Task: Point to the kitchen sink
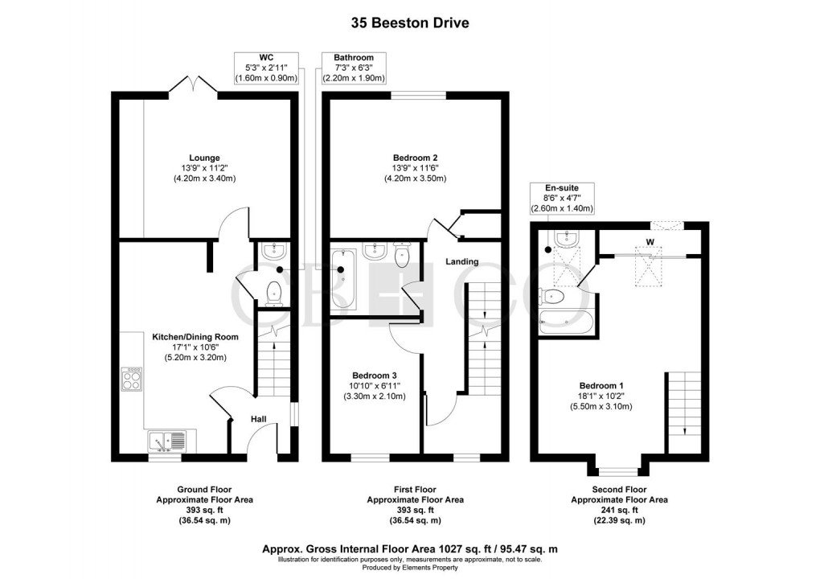click(166, 441)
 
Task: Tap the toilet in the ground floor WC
click(275, 292)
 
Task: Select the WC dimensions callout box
click(266, 68)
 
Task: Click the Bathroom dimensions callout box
click(354, 68)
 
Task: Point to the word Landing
click(463, 261)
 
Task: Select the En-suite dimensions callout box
click(562, 198)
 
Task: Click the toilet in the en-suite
click(555, 297)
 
